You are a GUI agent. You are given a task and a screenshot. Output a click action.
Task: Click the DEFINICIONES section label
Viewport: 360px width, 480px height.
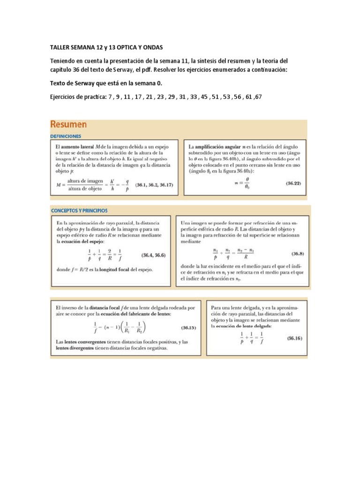pos(66,136)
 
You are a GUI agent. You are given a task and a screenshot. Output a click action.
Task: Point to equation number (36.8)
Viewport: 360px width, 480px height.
pos(298,254)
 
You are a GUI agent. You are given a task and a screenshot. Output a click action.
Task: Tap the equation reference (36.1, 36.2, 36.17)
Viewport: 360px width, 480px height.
pos(154,185)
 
